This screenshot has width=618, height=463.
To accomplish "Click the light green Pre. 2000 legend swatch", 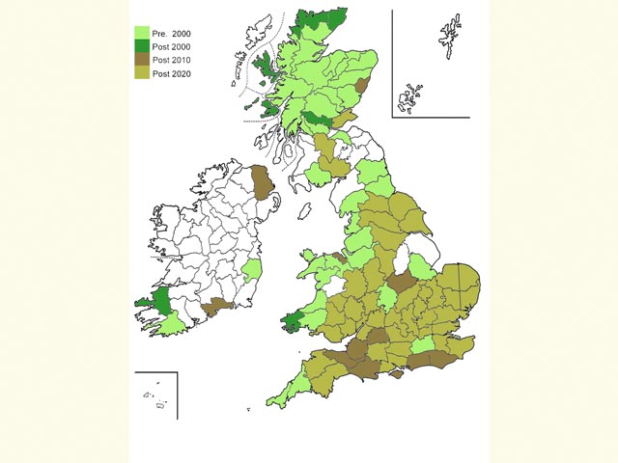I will click(x=142, y=33).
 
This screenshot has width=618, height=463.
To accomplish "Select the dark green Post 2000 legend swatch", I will click(x=142, y=46).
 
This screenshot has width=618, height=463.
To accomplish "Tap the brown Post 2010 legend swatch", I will click(x=142, y=60).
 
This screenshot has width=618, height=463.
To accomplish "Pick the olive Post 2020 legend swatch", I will click(x=142, y=73).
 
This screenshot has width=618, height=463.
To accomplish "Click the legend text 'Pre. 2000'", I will click(x=173, y=33).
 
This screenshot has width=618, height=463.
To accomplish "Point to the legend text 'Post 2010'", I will click(x=173, y=60).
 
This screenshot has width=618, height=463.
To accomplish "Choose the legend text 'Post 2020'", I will click(x=173, y=73).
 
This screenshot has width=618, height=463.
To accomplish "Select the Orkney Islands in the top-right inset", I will click(x=411, y=96).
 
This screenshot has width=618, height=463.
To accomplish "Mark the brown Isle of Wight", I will click(x=393, y=374).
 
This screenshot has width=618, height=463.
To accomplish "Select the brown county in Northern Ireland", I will click(x=261, y=180).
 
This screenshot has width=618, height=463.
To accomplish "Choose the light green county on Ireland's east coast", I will click(x=252, y=270).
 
